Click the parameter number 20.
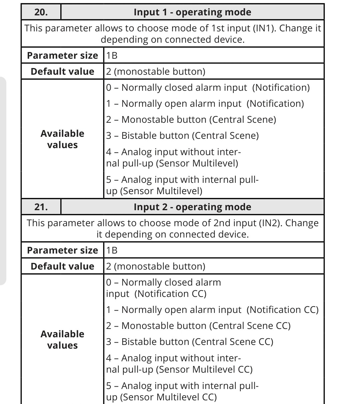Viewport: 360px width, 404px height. tap(41, 12)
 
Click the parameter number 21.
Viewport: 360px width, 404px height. tap(41, 207)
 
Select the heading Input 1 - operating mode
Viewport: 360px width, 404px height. tap(192, 12)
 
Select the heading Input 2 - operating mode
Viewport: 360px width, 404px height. tap(192, 207)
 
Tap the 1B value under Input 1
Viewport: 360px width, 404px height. tap(112, 55)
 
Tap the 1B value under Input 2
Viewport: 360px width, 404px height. tap(112, 250)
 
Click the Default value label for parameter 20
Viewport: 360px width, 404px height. tap(62, 71)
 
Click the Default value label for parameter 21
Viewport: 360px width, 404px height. tap(62, 266)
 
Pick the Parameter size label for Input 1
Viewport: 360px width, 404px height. tap(62, 55)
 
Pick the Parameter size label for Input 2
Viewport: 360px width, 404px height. tap(62, 250)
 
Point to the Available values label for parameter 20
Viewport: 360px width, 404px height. tap(62, 139)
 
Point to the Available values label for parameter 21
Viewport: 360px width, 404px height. tap(62, 340)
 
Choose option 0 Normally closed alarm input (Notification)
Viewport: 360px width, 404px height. tap(208, 87)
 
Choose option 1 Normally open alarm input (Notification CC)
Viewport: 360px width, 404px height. tap(212, 310)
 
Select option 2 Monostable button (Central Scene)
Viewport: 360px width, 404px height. tap(191, 119)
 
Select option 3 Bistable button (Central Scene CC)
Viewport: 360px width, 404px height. tap(190, 342)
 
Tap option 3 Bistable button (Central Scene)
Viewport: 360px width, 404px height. tap(182, 136)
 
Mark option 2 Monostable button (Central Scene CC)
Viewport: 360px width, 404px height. tap(198, 326)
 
